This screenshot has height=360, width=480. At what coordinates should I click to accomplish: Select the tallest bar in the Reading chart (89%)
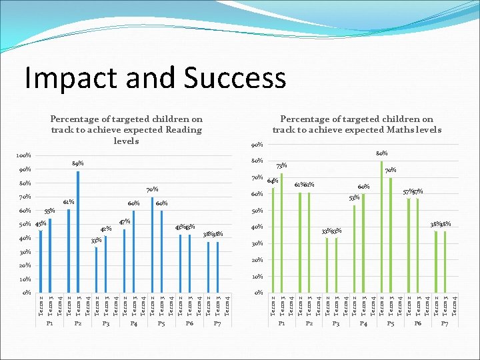[x=78, y=231]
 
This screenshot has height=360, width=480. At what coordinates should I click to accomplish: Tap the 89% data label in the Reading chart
[x=77, y=163]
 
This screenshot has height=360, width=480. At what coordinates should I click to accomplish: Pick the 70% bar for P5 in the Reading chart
[x=152, y=245]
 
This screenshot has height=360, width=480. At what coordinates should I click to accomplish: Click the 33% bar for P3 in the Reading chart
[x=97, y=269]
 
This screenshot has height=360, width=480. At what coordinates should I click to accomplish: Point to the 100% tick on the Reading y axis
[x=23, y=155]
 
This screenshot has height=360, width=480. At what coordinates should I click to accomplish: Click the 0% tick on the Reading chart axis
[x=26, y=293]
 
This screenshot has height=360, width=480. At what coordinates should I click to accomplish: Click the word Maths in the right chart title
[x=381, y=129]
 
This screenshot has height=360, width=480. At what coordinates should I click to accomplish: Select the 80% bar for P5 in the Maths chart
[x=381, y=227]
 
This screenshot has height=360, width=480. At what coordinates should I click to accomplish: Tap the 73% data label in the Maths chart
[x=282, y=165]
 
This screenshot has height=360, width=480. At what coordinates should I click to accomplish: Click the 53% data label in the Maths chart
[x=355, y=197]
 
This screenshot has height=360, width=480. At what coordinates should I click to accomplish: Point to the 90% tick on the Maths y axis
[x=257, y=145]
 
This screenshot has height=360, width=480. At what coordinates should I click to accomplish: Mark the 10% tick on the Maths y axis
[x=257, y=277]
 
